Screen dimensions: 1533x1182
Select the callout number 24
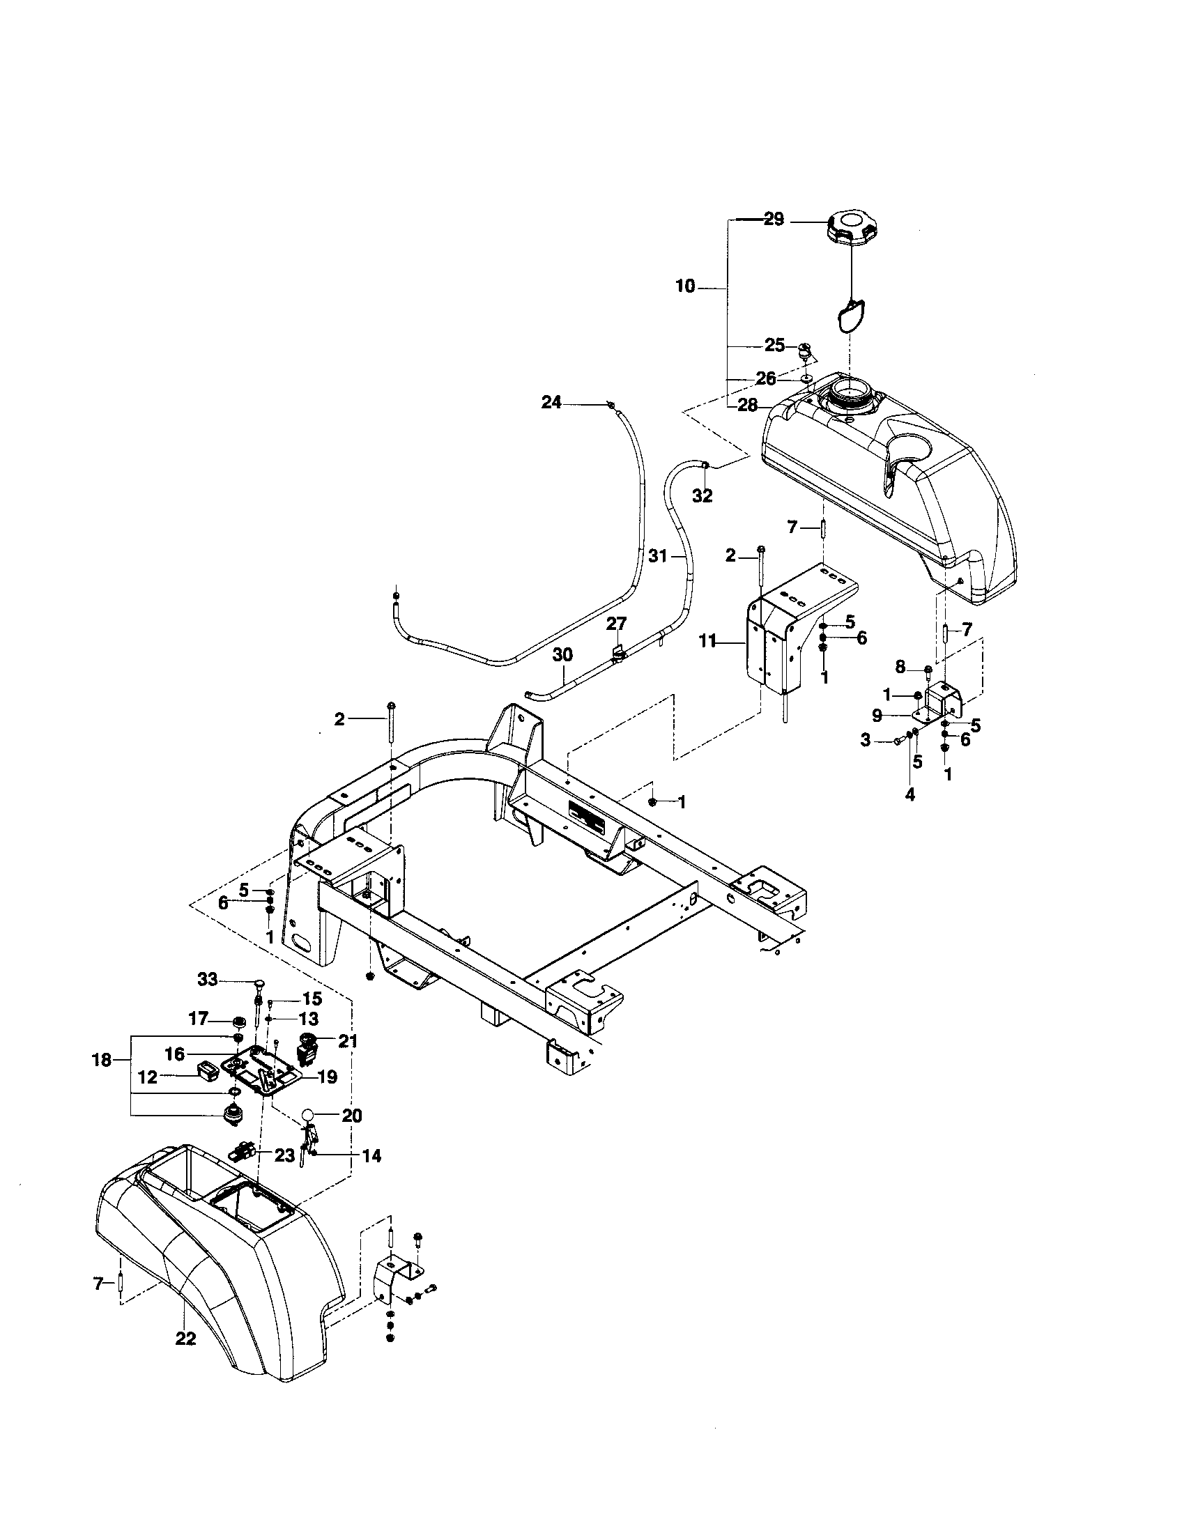[551, 403]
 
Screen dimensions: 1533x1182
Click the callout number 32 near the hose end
[702, 495]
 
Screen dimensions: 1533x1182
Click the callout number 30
[562, 654]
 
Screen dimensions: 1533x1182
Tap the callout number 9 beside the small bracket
[877, 716]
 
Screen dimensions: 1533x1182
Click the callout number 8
[900, 668]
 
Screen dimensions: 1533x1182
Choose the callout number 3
[866, 739]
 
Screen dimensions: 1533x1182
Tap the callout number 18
[102, 1060]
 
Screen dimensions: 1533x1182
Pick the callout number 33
[208, 978]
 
